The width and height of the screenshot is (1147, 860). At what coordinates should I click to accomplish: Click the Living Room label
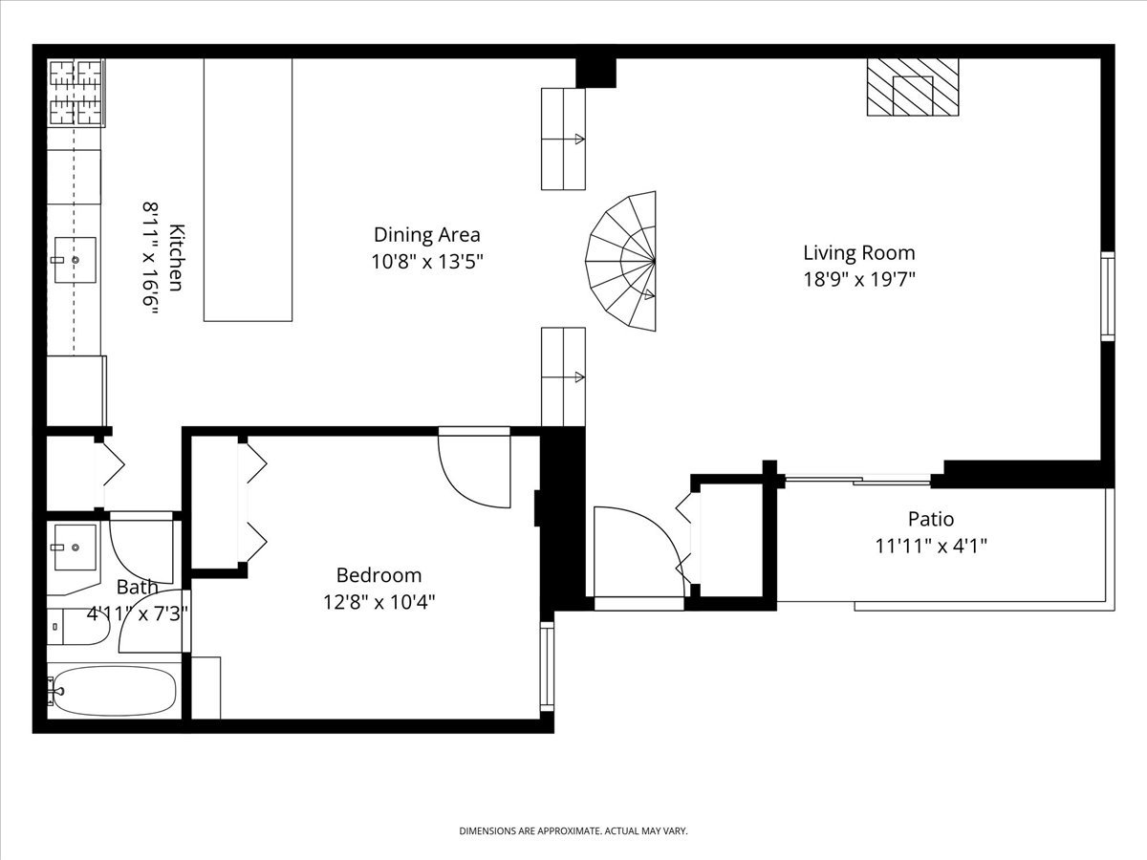click(x=859, y=253)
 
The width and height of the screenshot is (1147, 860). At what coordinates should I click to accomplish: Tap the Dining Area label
click(x=427, y=235)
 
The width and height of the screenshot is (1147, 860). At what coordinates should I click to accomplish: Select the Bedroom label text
click(x=379, y=575)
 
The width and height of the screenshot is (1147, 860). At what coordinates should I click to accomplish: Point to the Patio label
click(x=931, y=519)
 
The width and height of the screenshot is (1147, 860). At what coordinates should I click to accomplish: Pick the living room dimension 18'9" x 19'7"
click(x=859, y=280)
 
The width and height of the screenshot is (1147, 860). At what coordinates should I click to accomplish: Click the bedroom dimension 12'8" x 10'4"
click(x=379, y=603)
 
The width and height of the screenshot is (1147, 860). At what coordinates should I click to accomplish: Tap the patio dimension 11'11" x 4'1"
click(x=931, y=547)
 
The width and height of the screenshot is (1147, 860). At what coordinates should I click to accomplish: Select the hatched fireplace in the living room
click(x=913, y=87)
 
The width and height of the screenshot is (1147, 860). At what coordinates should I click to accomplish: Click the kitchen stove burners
click(x=76, y=93)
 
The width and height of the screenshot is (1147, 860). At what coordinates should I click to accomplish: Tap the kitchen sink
click(x=76, y=260)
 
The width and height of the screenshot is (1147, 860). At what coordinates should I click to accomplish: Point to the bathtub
click(x=114, y=691)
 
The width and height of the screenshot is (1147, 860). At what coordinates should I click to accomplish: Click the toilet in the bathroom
click(x=77, y=627)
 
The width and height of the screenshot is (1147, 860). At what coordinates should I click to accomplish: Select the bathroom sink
click(x=75, y=548)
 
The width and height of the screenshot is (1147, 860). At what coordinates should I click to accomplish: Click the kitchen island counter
click(x=248, y=189)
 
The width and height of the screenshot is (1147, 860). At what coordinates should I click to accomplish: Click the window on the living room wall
click(x=1108, y=296)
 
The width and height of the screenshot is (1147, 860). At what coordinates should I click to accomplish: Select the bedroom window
click(x=547, y=666)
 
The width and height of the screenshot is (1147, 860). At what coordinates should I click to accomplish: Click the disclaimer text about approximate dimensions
click(x=573, y=830)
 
